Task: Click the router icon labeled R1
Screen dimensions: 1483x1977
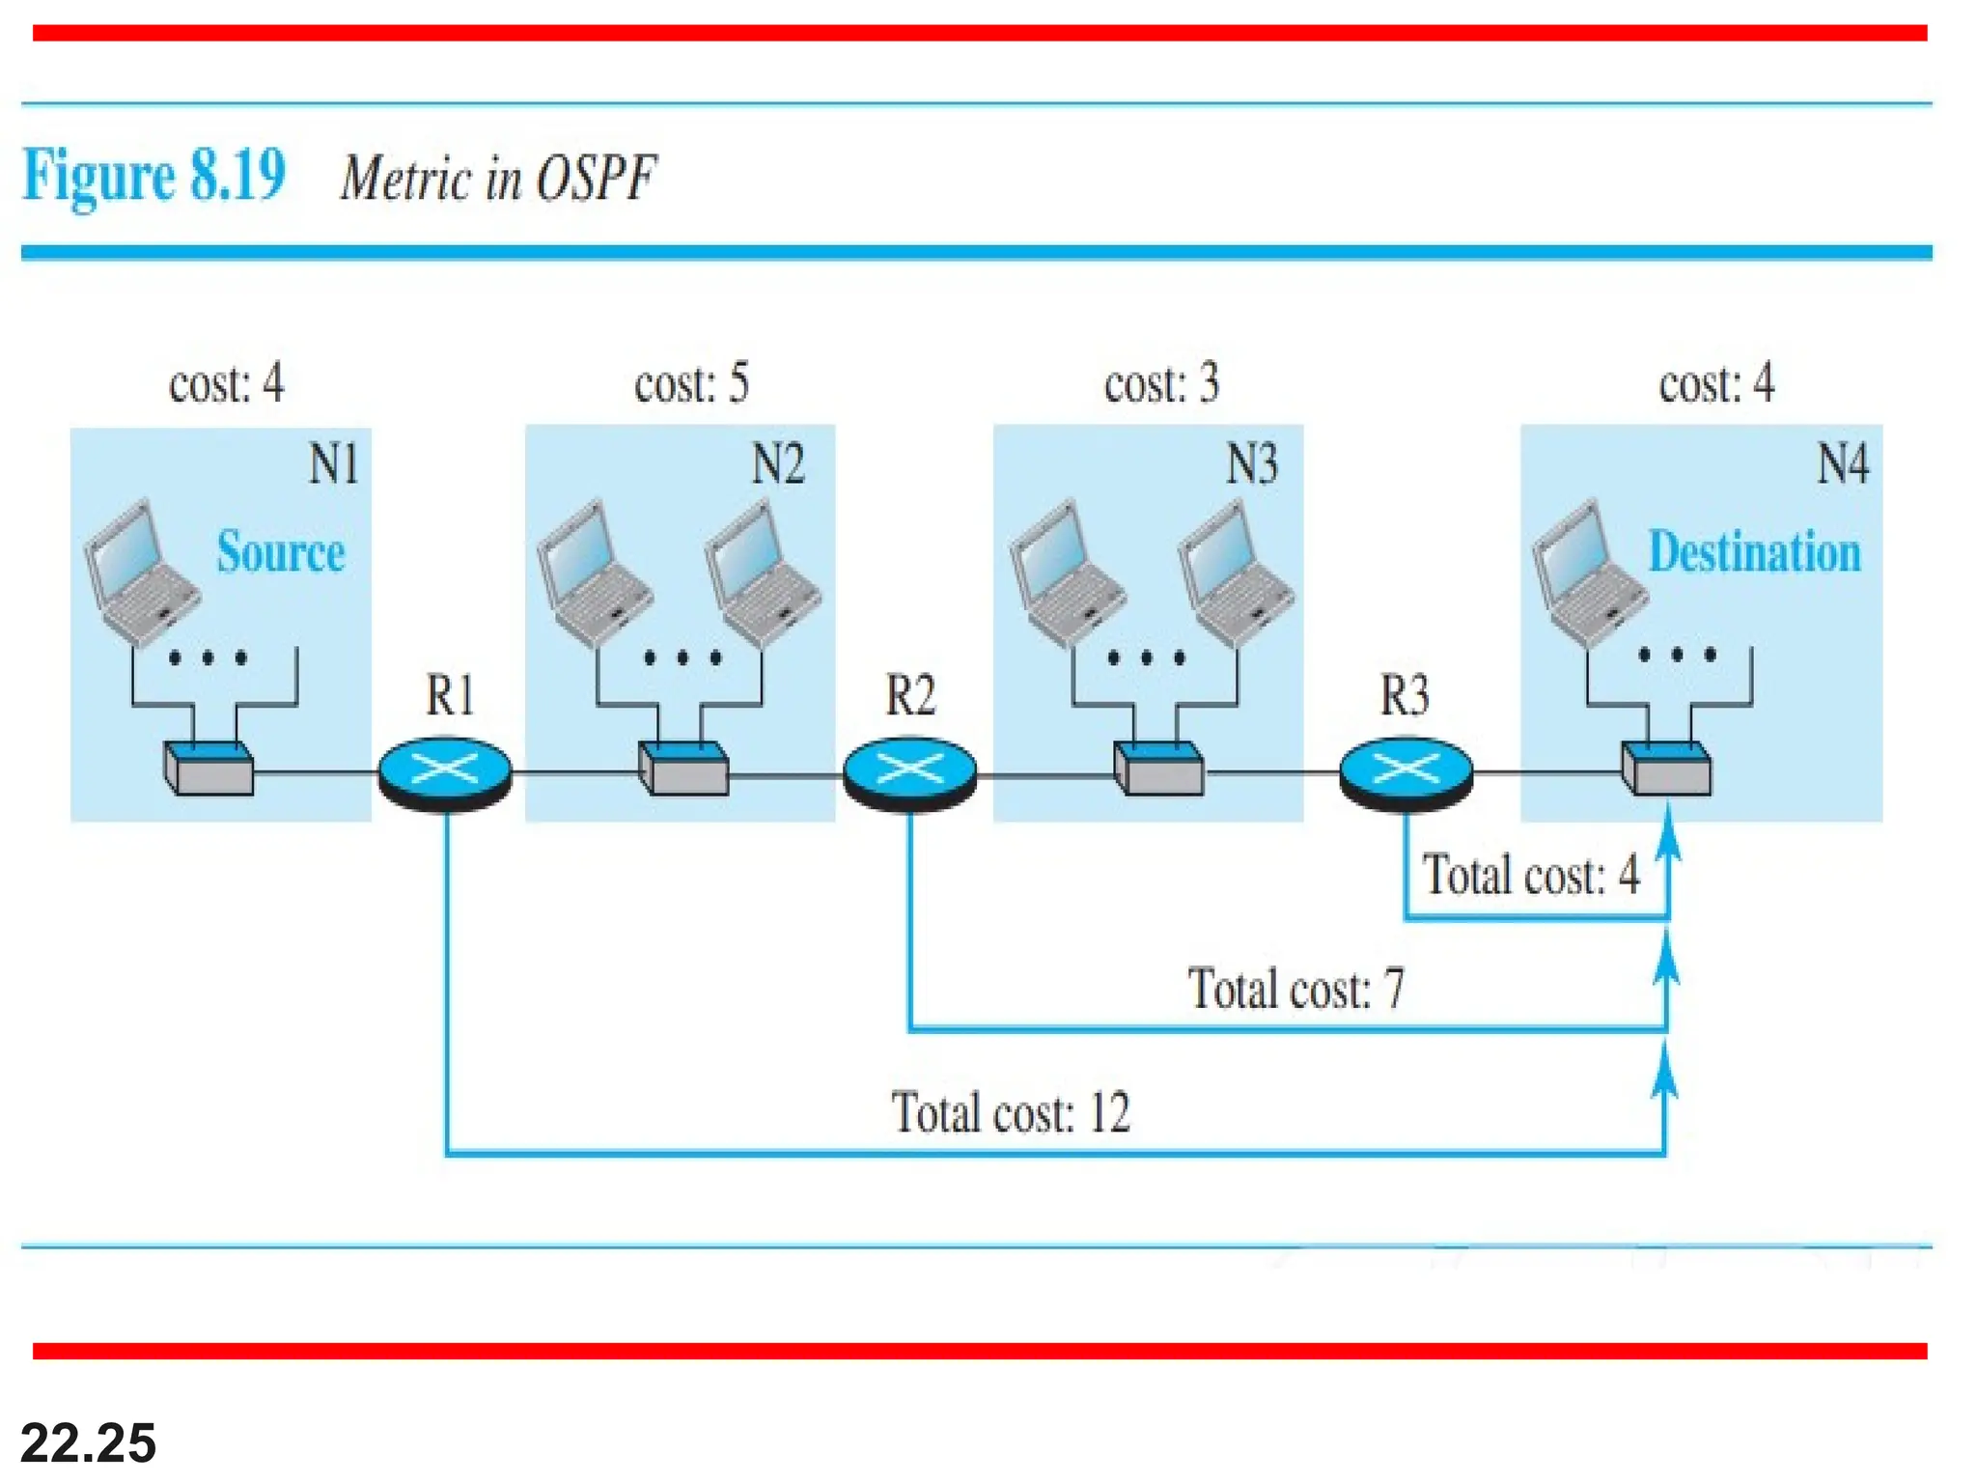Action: pos(444,772)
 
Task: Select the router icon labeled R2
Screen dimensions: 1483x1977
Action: pos(909,772)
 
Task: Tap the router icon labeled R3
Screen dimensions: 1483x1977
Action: pos(1406,772)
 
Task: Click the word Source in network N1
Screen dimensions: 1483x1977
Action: pos(280,552)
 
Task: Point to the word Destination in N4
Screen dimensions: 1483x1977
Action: pos(1754,552)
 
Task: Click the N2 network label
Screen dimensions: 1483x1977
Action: pos(777,464)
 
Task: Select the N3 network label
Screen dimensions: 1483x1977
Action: pos(1251,464)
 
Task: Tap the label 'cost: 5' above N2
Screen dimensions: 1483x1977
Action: pos(691,384)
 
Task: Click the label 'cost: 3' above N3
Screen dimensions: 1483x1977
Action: pos(1161,384)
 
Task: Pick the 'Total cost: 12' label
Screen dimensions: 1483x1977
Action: pos(1010,1113)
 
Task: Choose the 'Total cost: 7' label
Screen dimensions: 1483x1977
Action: pos(1295,990)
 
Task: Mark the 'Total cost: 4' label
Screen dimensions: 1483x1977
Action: pos(1531,876)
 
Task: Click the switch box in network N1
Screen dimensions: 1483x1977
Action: pos(209,769)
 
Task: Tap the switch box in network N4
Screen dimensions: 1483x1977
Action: pos(1666,769)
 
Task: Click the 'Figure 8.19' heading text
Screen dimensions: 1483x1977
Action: pos(153,176)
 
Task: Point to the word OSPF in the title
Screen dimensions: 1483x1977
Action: pos(596,179)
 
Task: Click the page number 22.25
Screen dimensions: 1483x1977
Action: pos(88,1442)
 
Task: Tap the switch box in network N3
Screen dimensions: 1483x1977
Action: pos(1158,769)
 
